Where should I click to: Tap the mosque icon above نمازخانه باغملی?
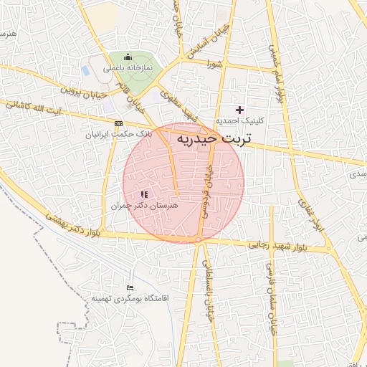[x=128, y=57]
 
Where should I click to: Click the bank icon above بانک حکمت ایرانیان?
[x=118, y=123]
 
